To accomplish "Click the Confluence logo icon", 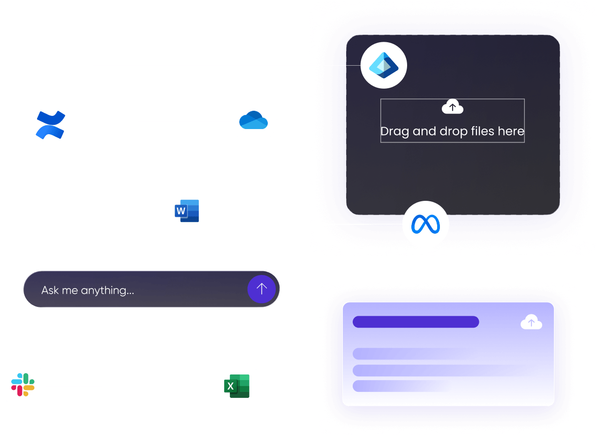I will (51, 125).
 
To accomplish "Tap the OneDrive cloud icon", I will (253, 120).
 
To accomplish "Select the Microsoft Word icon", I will (189, 211).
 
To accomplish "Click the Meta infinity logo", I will (425, 224).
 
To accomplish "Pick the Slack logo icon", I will (23, 384).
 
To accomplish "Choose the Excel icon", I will (239, 386).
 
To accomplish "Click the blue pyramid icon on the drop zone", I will (383, 65).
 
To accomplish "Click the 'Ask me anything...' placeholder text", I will (88, 290).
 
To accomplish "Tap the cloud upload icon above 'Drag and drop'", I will (452, 107).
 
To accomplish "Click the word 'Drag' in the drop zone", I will (395, 131).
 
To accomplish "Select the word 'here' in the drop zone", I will (511, 131).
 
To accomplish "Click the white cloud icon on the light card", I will (531, 323).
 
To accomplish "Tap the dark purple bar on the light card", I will (416, 322).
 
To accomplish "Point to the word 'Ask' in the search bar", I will (50, 290).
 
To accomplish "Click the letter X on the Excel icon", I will (230, 386).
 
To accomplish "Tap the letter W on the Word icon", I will (181, 211).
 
